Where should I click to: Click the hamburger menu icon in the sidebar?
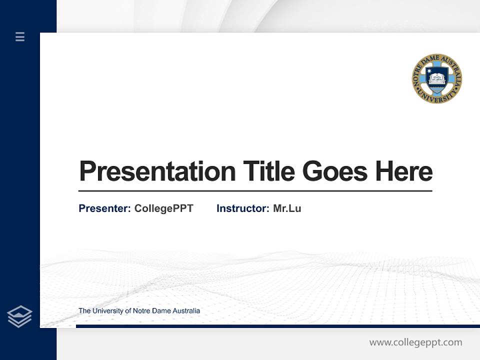20,36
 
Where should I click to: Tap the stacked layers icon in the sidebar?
19,316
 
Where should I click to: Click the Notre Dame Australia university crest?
436,79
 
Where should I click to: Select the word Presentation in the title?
157,171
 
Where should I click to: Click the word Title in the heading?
269,171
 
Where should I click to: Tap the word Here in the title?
404,171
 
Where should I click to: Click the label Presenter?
104,208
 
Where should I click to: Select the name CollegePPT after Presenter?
163,208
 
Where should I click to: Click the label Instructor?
242,208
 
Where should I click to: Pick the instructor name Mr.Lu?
287,208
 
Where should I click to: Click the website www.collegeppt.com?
415,342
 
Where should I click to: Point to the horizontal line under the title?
255,190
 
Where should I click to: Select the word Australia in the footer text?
186,311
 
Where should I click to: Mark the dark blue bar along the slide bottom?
277,326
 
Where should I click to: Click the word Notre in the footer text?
141,311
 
